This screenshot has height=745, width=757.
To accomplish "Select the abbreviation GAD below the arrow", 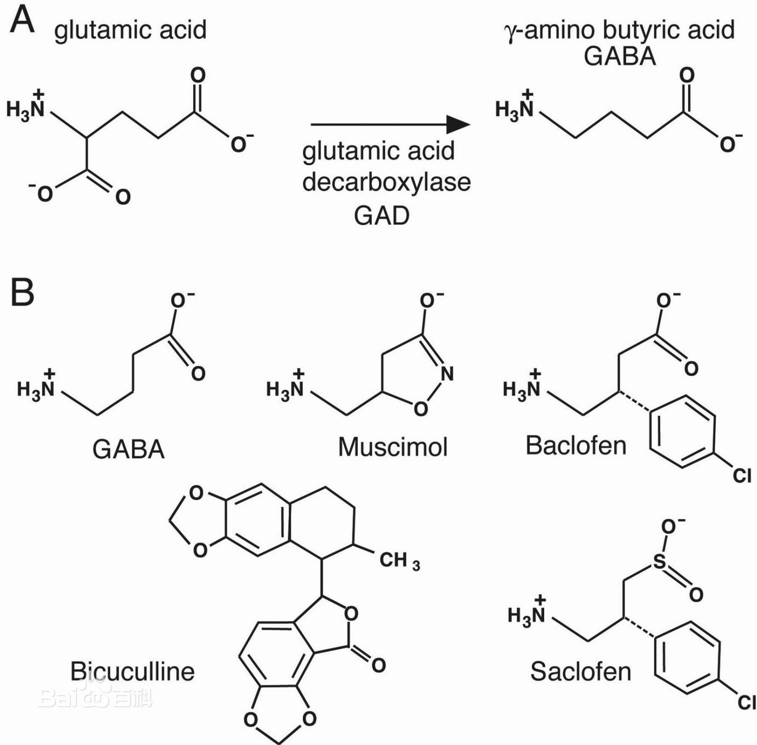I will (382, 216).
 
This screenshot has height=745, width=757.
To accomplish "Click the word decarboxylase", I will (386, 182).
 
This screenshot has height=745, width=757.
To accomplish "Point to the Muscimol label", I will (393, 447).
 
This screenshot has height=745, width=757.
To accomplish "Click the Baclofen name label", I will (576, 445).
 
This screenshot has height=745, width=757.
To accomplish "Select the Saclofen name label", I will (581, 672).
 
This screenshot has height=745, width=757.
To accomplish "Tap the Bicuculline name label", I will (133, 671).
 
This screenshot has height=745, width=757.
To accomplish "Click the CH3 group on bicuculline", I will (399, 561).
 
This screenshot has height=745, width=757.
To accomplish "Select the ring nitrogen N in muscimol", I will (447, 373).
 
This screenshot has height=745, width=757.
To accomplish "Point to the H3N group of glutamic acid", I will (26, 107).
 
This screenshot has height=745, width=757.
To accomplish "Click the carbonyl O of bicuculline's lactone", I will (378, 665).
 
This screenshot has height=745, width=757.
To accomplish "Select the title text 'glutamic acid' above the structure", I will (130, 30).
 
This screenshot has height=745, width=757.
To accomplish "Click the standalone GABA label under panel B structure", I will (129, 449).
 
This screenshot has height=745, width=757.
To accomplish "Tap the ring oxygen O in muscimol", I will (420, 408).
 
